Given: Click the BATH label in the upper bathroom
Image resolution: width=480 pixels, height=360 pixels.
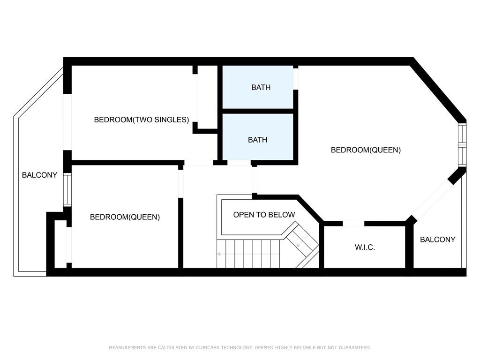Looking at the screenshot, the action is click(261, 88).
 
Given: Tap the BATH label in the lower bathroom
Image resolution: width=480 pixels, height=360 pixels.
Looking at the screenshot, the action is click(257, 140).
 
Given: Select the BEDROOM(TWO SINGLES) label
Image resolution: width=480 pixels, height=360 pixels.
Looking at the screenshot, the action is click(142, 120).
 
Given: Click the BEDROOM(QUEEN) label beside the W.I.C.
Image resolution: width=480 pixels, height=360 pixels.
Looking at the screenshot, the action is click(366, 150).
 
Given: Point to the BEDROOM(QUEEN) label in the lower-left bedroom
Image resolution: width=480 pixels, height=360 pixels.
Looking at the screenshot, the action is click(125, 217).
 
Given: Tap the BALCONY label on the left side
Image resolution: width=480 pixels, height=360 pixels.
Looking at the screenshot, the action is click(39, 175).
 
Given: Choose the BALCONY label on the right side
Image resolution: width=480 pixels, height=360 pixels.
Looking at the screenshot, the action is click(437, 240).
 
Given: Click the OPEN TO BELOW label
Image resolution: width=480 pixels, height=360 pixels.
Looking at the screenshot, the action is click(264, 215).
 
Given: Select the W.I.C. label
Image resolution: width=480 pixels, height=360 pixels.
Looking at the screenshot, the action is click(365, 247).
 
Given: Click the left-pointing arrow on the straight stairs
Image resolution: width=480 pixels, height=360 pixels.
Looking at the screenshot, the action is click(248, 254).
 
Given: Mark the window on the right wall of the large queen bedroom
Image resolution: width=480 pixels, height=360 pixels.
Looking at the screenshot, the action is click(462, 145).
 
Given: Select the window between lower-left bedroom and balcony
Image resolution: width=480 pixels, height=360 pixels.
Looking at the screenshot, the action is click(67, 190).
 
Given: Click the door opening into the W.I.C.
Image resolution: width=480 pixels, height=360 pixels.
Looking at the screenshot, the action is click(353, 224).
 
